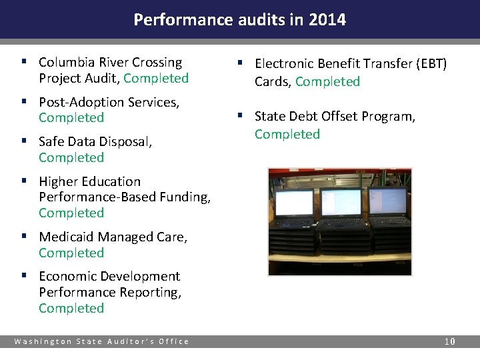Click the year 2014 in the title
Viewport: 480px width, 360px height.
tap(327, 20)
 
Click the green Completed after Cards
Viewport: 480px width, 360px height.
tap(327, 82)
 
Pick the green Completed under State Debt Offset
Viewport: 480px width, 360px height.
tap(287, 135)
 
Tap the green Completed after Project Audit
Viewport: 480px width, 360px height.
tap(156, 79)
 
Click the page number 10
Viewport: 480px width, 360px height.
tap(450, 341)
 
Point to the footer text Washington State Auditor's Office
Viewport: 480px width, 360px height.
tap(102, 341)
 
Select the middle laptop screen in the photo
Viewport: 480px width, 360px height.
tap(341, 203)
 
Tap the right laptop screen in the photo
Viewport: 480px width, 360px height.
tap(387, 201)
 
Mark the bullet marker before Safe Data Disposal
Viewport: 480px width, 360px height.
tap(24, 142)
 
